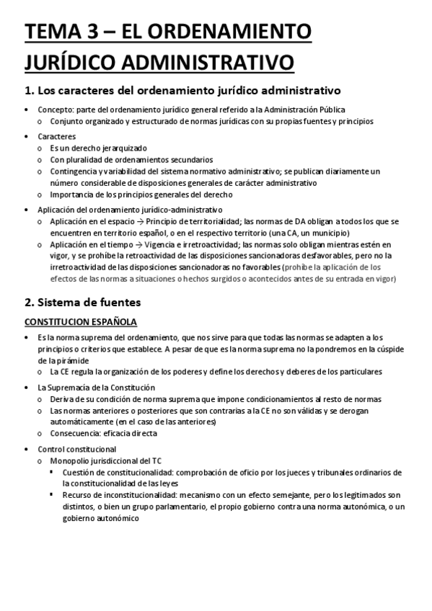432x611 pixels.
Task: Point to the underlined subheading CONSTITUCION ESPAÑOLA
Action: click(81, 321)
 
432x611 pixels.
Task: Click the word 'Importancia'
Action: click(71, 195)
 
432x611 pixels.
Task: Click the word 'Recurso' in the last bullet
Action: click(77, 495)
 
